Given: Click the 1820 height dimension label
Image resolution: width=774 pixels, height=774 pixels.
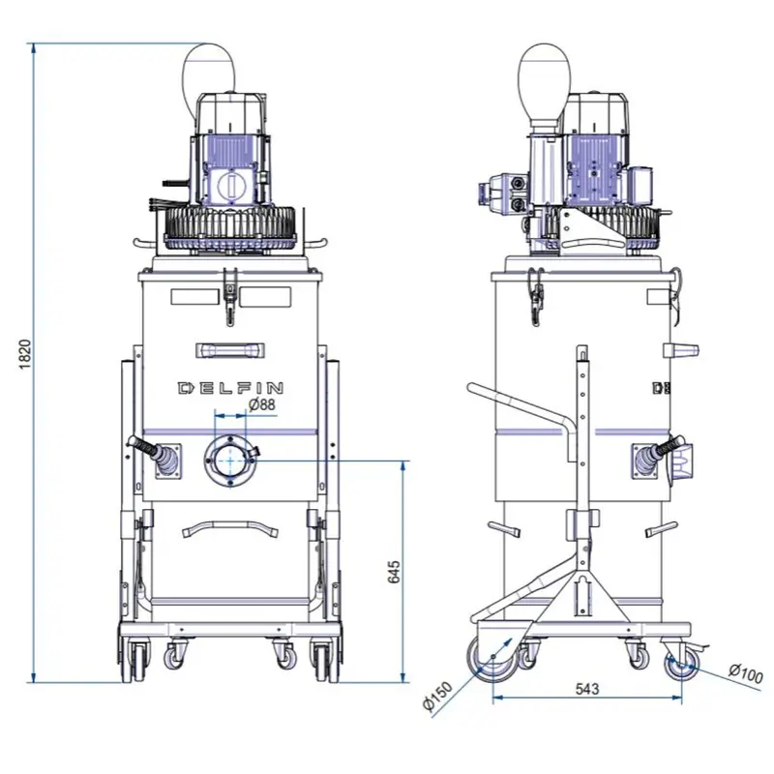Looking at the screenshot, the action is coord(25,353).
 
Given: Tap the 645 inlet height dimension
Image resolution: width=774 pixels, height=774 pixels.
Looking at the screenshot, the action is coord(394,572).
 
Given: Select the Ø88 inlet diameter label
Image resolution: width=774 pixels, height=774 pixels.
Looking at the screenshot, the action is coord(261,404).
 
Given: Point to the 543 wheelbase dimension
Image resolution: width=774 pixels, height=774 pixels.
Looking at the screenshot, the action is coord(587,688).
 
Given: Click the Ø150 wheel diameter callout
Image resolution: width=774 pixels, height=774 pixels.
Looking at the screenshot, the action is coord(437,695).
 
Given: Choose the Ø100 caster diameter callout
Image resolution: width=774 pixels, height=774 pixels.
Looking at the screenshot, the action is coord(746,672).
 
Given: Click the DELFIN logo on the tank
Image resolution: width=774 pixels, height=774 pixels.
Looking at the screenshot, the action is coord(230,388).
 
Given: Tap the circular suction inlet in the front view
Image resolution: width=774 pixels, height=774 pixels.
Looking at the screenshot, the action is coord(230,461).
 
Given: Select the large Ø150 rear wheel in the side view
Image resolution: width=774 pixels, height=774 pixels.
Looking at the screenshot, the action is coord(492,658).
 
